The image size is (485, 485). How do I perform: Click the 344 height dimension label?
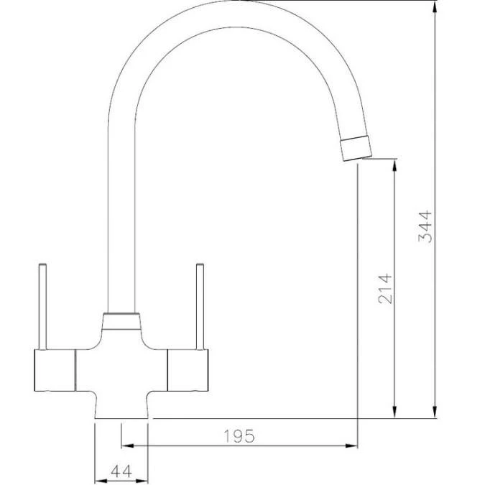[425, 226]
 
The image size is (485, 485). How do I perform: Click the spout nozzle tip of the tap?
[356, 147]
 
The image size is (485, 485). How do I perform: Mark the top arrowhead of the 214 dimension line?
[394, 165]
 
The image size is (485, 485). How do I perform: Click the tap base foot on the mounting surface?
[121, 410]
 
